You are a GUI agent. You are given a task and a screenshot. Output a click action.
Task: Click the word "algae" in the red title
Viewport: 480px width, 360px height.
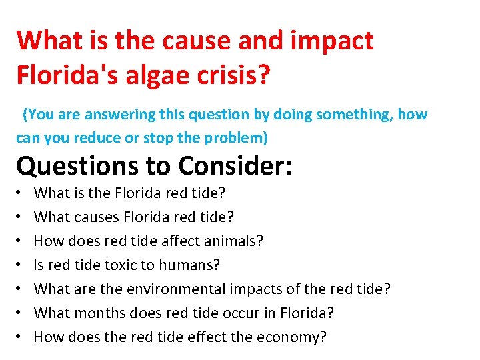point(161,75)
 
